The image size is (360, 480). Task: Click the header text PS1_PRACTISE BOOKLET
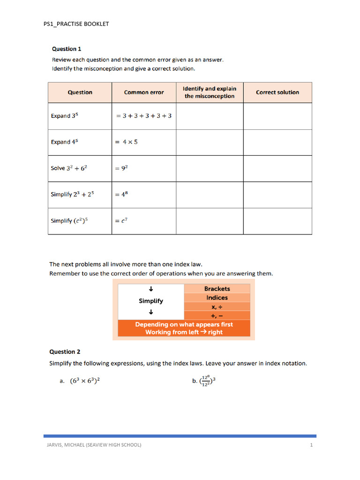76,24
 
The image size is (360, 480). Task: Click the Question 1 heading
67,49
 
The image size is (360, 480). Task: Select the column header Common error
144,92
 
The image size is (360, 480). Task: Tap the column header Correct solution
277,92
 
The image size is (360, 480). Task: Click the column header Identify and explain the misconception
210,92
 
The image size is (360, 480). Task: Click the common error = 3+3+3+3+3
143,115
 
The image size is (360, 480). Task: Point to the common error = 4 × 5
127,142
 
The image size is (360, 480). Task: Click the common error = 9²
121,168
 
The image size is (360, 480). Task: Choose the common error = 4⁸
121,195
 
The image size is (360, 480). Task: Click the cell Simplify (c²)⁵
69,220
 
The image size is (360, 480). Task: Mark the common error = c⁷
120,221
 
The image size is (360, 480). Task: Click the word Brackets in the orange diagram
217,289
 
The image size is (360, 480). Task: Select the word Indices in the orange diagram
217,298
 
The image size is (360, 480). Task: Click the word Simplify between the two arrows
151,301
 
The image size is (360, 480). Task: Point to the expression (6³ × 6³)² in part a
85,381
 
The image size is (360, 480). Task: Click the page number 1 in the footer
311,444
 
